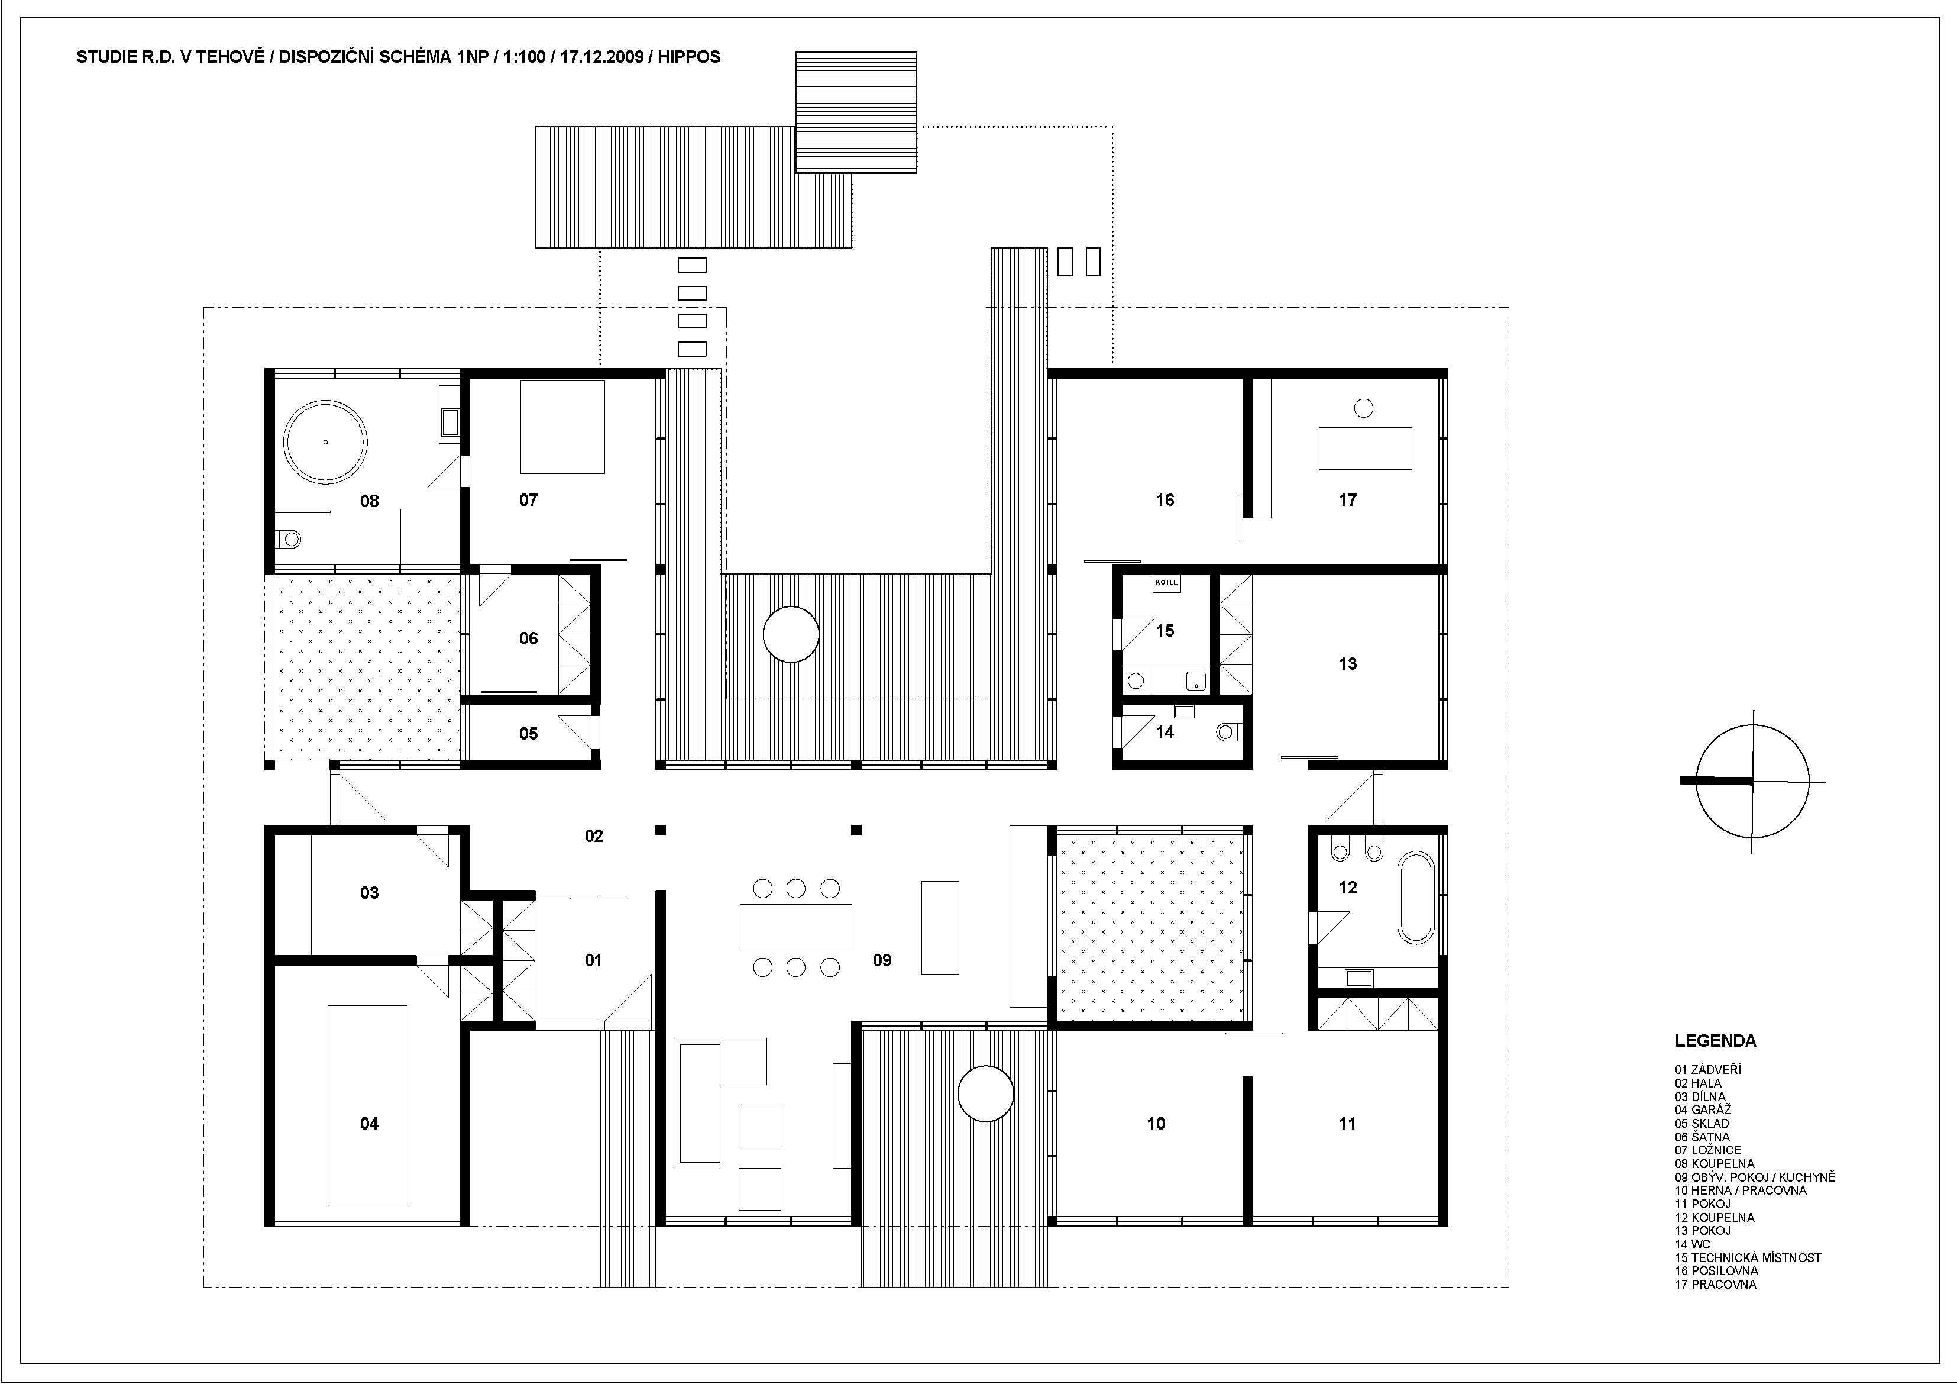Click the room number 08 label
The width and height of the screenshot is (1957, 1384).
tap(369, 501)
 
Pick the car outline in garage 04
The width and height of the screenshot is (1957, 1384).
tap(367, 1105)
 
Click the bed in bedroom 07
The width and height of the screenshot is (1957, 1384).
tap(562, 427)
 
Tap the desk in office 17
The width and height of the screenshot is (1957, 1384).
tap(1364, 448)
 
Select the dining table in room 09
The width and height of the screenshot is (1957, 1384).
tap(795, 928)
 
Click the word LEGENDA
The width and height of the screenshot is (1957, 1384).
tap(1715, 1041)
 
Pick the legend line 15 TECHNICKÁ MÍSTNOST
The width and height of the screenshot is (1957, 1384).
tap(1747, 1257)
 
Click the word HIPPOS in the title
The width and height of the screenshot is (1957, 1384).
tap(688, 57)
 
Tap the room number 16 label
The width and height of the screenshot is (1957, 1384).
tap(1165, 501)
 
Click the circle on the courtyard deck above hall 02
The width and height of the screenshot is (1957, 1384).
tap(791, 634)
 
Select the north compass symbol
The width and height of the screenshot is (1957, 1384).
tap(1752, 780)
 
